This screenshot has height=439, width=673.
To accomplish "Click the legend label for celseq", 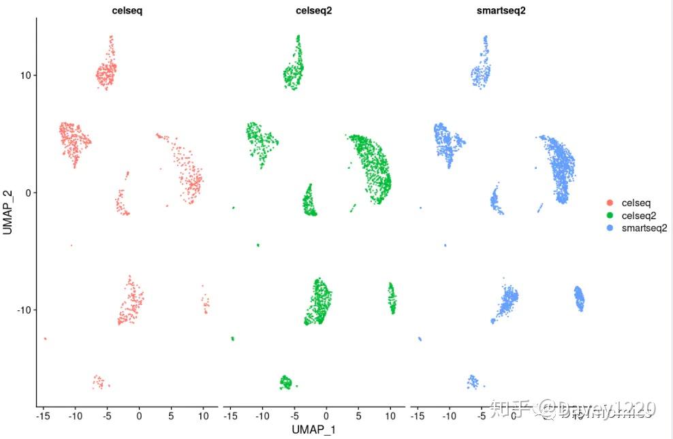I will coord(636,202).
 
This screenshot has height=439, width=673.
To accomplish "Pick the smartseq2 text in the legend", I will coord(644,228).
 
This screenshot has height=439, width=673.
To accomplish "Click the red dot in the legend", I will coord(609,202).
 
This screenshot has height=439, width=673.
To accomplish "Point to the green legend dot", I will coord(609,215).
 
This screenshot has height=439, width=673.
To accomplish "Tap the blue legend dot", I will coord(609,228).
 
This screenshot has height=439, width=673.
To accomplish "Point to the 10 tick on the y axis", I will coord(24,75).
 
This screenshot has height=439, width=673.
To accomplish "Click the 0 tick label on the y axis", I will coord(27,193).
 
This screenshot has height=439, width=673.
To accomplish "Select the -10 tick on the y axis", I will coord(22,310).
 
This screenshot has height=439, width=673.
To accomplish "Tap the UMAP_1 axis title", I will coord(313,429).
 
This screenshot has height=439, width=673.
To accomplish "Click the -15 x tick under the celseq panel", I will coord(42,414).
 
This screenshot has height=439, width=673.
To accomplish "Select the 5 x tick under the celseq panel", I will coord(171,414).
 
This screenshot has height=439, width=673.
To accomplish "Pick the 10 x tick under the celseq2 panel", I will coord(390,414).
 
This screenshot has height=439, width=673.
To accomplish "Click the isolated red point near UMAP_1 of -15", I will coord(45,338).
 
